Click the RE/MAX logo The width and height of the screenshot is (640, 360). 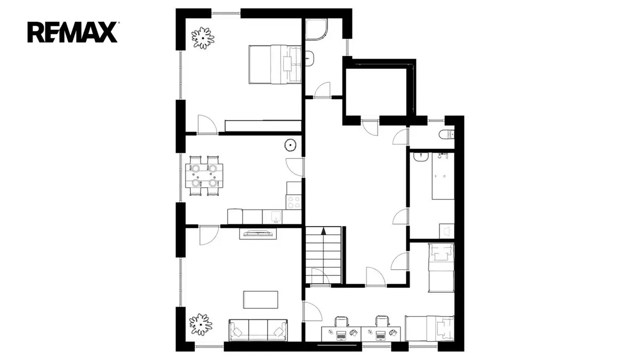pos(73,33)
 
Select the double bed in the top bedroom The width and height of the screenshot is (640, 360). pos(275,65)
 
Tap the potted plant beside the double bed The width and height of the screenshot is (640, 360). pos(203,38)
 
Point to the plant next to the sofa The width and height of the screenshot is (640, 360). pos(201,324)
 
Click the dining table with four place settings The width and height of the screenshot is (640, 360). pos(204,175)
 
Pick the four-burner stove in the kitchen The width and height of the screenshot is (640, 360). pos(294,202)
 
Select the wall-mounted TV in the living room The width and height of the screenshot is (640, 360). pos(258,234)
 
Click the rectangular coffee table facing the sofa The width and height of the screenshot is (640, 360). pos(261,300)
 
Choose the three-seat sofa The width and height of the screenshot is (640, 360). pos(258,330)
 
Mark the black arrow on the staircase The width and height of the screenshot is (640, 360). pos(323,231)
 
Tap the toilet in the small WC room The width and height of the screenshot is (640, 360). pos(446,134)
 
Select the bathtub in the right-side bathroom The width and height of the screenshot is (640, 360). pos(443,176)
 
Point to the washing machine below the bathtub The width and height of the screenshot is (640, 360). pos(446,231)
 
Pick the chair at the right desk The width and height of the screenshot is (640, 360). pos(382,321)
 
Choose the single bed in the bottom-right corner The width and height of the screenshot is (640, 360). pos(429,329)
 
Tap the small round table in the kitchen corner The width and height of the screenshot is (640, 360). pos(291,145)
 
